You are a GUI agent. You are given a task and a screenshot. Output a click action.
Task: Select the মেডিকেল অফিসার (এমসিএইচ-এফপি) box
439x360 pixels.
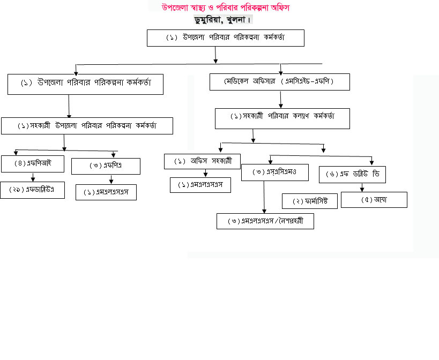(280, 82)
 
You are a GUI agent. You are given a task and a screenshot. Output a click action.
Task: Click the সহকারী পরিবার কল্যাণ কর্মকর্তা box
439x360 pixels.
(282, 118)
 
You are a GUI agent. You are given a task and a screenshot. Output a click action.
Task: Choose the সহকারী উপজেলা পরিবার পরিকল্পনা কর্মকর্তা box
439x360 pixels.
(87, 126)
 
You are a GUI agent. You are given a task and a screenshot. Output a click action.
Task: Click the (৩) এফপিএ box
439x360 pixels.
(106, 166)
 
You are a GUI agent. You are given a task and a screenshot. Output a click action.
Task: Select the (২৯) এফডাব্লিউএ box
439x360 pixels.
(36, 190)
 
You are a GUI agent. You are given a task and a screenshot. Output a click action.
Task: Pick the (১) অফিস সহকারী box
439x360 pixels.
(203, 161)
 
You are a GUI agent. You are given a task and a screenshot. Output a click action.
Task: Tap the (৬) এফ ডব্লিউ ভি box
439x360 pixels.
(352, 175)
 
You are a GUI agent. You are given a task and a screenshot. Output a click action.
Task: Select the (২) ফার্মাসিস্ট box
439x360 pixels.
(309, 201)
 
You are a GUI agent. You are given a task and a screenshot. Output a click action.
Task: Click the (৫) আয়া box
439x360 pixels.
(374, 200)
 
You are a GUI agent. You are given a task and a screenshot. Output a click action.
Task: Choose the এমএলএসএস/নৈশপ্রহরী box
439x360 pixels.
(265, 221)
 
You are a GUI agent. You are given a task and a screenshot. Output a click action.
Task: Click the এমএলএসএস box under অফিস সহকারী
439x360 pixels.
(200, 185)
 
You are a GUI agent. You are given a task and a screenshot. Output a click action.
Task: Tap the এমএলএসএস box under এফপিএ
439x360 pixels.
(106, 192)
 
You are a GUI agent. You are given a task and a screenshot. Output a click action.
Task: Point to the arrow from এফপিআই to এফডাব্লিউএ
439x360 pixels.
(33, 177)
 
